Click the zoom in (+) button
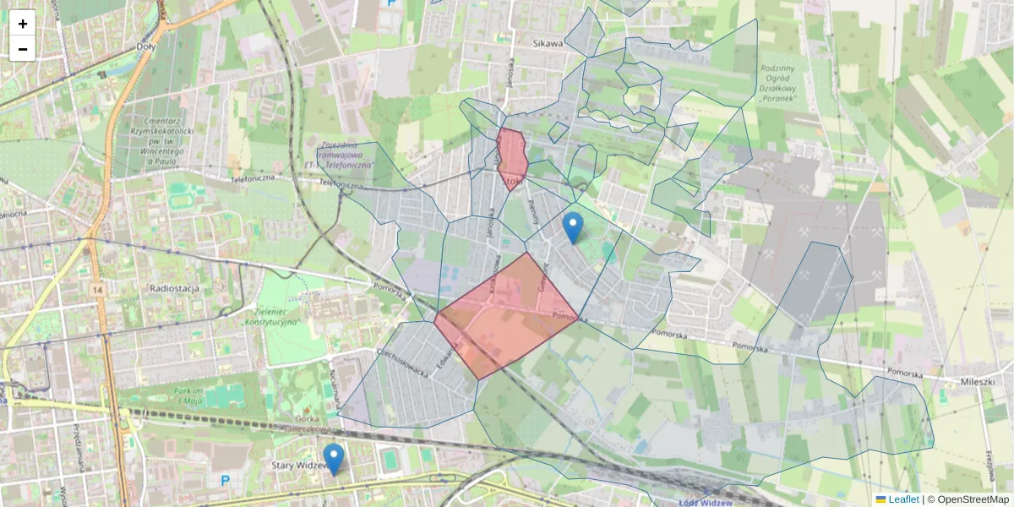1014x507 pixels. click(x=23, y=24)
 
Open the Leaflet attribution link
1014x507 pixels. click(x=903, y=499)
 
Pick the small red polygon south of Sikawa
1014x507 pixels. click(x=512, y=157)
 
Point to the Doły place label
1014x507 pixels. click(x=146, y=47)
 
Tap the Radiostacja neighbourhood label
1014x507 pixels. click(x=173, y=288)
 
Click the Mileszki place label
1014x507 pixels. click(x=978, y=382)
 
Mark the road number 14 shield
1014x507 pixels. click(x=99, y=291)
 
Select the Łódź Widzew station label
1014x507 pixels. click(x=705, y=501)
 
